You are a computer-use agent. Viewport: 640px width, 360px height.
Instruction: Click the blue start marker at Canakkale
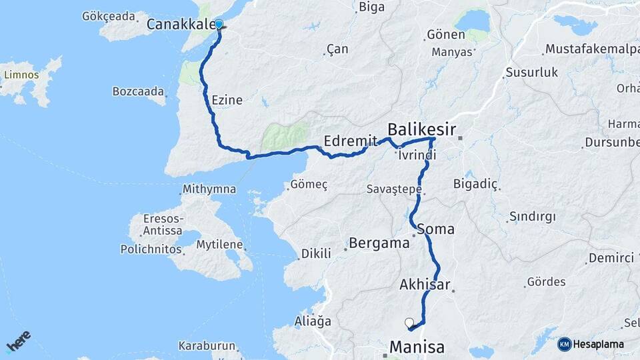219,25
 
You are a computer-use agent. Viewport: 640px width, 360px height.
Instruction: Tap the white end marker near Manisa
409,323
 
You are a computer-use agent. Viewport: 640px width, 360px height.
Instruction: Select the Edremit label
346,141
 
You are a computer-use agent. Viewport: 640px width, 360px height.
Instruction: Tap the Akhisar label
425,285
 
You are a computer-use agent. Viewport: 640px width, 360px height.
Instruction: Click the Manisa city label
417,347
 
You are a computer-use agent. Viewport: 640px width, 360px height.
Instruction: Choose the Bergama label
380,243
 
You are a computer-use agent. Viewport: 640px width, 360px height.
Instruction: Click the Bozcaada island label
138,91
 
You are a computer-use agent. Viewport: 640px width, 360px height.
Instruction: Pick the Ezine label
227,100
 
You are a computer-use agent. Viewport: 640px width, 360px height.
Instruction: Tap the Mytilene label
219,245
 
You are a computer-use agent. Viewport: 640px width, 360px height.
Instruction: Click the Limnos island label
21,75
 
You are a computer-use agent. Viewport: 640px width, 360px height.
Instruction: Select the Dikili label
316,253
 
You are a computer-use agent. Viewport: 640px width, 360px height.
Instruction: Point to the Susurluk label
531,72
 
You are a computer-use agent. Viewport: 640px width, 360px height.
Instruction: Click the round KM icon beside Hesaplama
564,344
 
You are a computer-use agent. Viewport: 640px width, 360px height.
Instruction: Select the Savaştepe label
394,189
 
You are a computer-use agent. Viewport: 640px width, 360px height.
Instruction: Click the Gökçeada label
108,15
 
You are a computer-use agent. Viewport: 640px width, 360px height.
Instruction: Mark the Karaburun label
207,346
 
